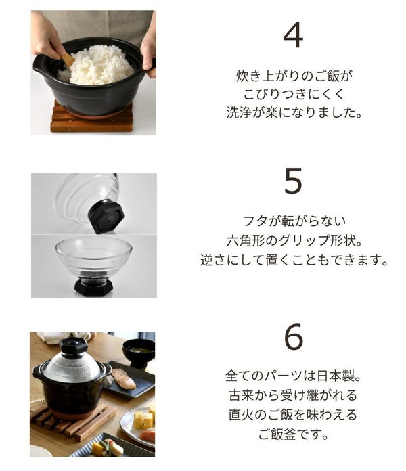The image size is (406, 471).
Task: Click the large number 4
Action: [293, 35]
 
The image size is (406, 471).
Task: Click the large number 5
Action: [293, 181]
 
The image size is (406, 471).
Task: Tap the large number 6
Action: [294, 336]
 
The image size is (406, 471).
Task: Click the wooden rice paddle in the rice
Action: [68, 58]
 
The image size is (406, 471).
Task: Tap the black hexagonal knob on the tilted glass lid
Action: [106, 217]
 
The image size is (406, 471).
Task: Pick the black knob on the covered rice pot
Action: [74, 345]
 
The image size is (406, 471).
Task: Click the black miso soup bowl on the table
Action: [139, 353]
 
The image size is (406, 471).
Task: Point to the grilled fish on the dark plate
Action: [123, 379]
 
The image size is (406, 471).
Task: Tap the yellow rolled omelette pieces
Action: [144, 419]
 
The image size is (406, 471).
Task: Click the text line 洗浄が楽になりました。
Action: [294, 112]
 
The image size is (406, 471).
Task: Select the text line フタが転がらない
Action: [294, 221]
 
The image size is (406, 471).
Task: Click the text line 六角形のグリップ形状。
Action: [294, 240]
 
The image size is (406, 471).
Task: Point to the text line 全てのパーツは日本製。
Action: [293, 376]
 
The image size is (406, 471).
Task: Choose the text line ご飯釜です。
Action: [293, 434]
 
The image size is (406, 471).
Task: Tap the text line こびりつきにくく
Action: [294, 93]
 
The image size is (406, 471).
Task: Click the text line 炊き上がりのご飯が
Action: [294, 76]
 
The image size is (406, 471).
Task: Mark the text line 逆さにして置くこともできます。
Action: [294, 260]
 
